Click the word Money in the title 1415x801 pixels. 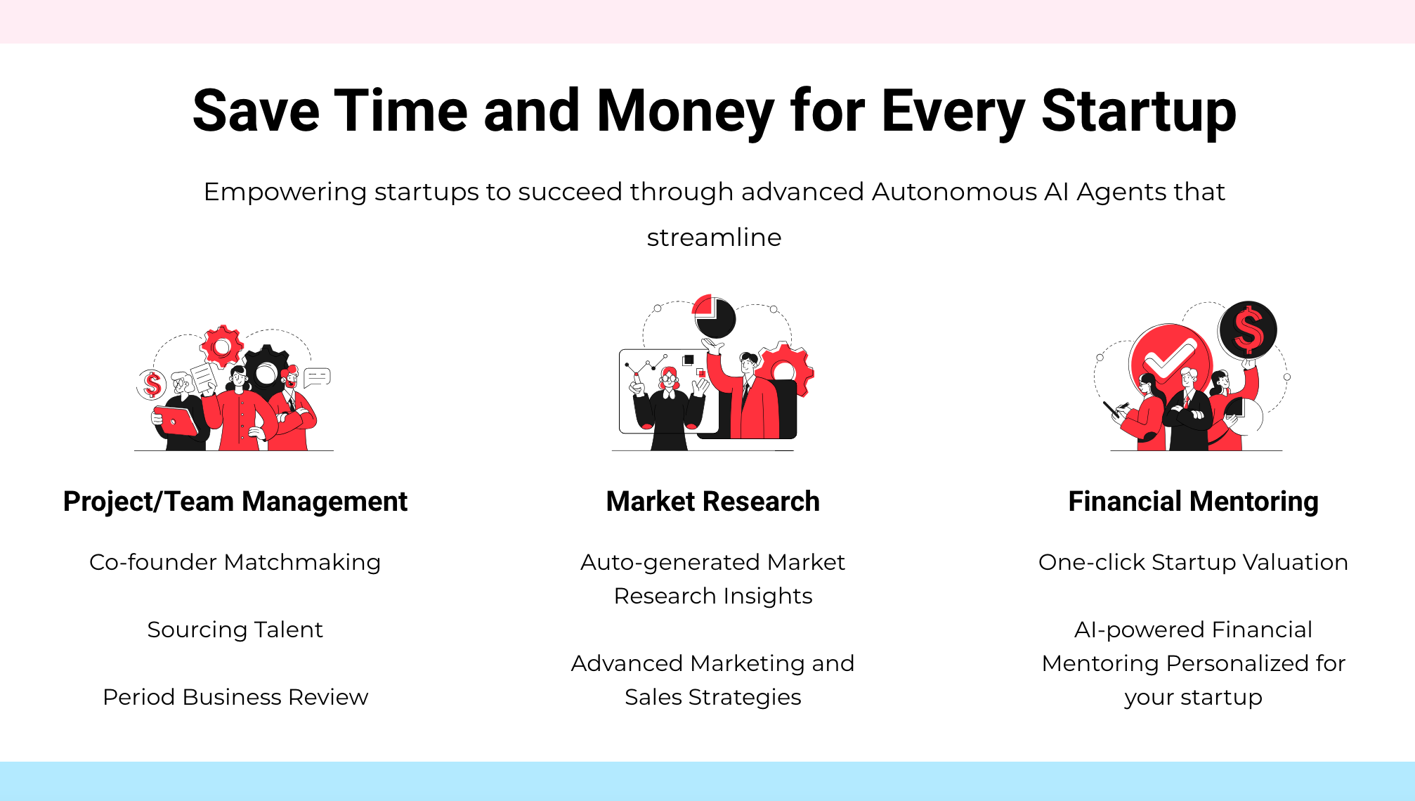(x=685, y=111)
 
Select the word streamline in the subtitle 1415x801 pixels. (x=714, y=237)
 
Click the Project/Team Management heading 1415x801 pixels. (x=235, y=502)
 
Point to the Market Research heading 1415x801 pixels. (x=713, y=502)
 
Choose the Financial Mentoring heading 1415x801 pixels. (x=1193, y=502)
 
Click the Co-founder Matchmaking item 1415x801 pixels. (x=235, y=562)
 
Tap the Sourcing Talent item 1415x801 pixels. (x=235, y=630)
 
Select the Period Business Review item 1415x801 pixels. (x=235, y=697)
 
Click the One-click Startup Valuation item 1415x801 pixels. (x=1193, y=562)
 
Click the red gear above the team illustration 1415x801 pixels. (x=222, y=346)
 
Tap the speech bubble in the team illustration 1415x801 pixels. (x=317, y=378)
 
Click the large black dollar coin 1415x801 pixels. (x=1248, y=330)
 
